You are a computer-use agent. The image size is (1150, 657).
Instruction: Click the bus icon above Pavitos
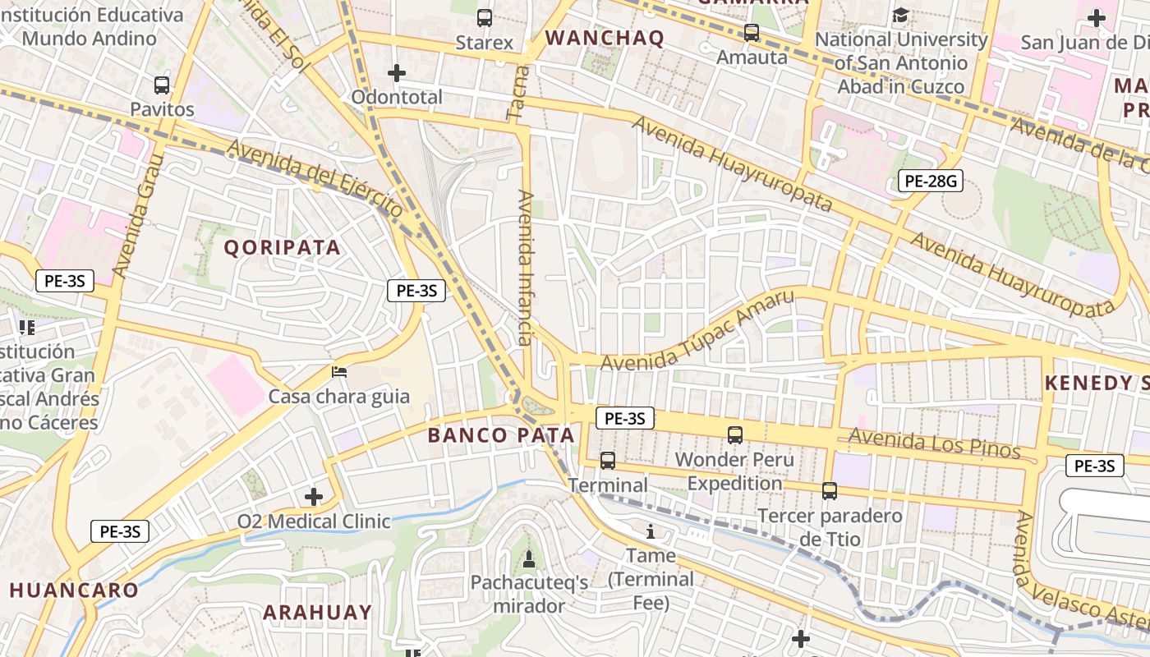click(x=162, y=85)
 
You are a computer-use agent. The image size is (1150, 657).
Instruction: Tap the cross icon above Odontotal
click(x=397, y=73)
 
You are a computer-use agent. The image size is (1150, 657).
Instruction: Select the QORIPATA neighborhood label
click(x=283, y=247)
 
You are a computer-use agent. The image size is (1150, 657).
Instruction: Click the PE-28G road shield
click(x=930, y=181)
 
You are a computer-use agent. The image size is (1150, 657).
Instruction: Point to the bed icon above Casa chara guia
click(x=339, y=372)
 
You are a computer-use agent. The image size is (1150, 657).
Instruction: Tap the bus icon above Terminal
click(x=608, y=461)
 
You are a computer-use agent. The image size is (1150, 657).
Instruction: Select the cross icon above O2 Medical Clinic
click(x=313, y=497)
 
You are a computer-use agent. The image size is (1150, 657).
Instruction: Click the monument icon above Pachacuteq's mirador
click(x=529, y=559)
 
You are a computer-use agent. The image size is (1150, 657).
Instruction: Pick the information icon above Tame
click(x=651, y=531)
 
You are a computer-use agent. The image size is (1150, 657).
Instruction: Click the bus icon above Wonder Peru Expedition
click(x=735, y=434)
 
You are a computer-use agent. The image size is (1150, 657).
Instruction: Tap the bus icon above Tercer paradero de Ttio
click(x=830, y=491)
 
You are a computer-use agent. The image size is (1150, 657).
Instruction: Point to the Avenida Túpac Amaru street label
click(x=698, y=331)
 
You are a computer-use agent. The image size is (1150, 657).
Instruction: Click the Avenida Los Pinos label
click(x=934, y=443)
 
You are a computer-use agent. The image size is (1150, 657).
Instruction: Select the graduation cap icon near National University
click(x=901, y=15)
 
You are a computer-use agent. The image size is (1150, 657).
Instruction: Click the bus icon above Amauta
click(x=752, y=33)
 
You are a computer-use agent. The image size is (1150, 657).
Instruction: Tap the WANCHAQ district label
click(x=605, y=38)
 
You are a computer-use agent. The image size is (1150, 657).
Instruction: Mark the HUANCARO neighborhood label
click(x=75, y=590)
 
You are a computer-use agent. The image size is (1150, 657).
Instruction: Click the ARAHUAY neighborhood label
click(x=317, y=612)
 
